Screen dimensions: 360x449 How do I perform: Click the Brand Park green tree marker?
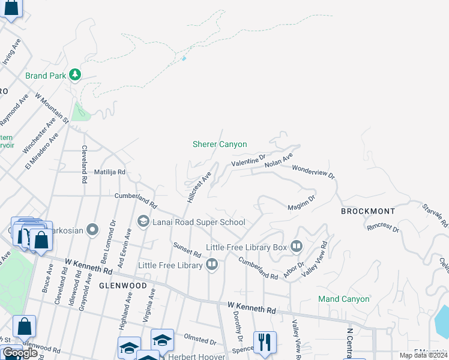pos(75,75)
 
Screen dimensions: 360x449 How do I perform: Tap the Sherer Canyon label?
pos(220,144)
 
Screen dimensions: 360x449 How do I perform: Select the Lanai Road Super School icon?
pos(143,222)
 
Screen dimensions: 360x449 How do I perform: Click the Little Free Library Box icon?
pos(296,247)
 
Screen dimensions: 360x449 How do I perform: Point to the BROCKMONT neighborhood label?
pos(368,211)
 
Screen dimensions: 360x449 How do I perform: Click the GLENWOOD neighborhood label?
pos(122,286)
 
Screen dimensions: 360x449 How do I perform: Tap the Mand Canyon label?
pos(344,299)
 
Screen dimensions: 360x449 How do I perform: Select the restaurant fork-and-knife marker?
pos(265,342)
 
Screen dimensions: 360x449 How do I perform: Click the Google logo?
pos(20,353)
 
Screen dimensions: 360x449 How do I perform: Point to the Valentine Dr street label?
pos(249,161)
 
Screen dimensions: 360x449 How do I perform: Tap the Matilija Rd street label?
pos(109,172)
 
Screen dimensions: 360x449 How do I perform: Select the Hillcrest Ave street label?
pos(200,188)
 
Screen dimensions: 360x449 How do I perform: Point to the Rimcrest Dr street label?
pos(383,227)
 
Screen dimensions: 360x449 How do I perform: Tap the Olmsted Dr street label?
pos(200,341)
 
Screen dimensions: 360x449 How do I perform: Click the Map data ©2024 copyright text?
pos(424,355)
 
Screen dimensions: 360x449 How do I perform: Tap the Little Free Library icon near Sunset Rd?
pos(211,265)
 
